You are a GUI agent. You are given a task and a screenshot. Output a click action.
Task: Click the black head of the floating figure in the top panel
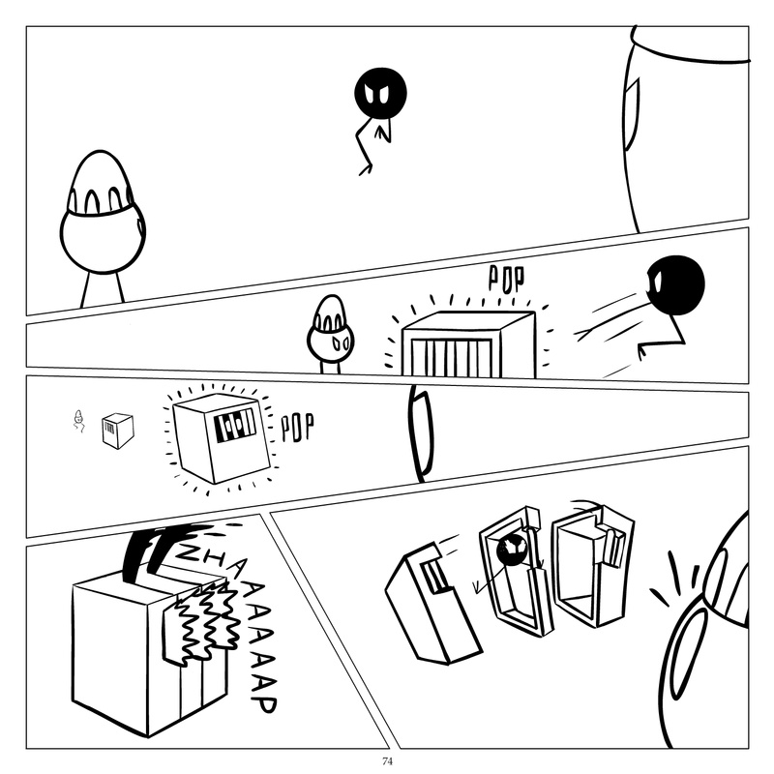tap(380, 92)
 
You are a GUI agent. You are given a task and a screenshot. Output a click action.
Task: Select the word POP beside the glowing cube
tap(297, 427)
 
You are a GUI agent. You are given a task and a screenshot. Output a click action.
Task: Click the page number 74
tap(387, 761)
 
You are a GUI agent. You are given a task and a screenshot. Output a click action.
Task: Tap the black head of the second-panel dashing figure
tap(673, 283)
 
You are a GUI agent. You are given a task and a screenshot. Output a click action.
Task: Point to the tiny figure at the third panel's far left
tap(80, 421)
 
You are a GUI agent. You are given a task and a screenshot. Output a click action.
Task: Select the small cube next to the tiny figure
tap(117, 431)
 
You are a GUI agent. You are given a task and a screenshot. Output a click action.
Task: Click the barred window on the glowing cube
tap(234, 425)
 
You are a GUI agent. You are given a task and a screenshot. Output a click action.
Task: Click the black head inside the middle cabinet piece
tap(511, 551)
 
